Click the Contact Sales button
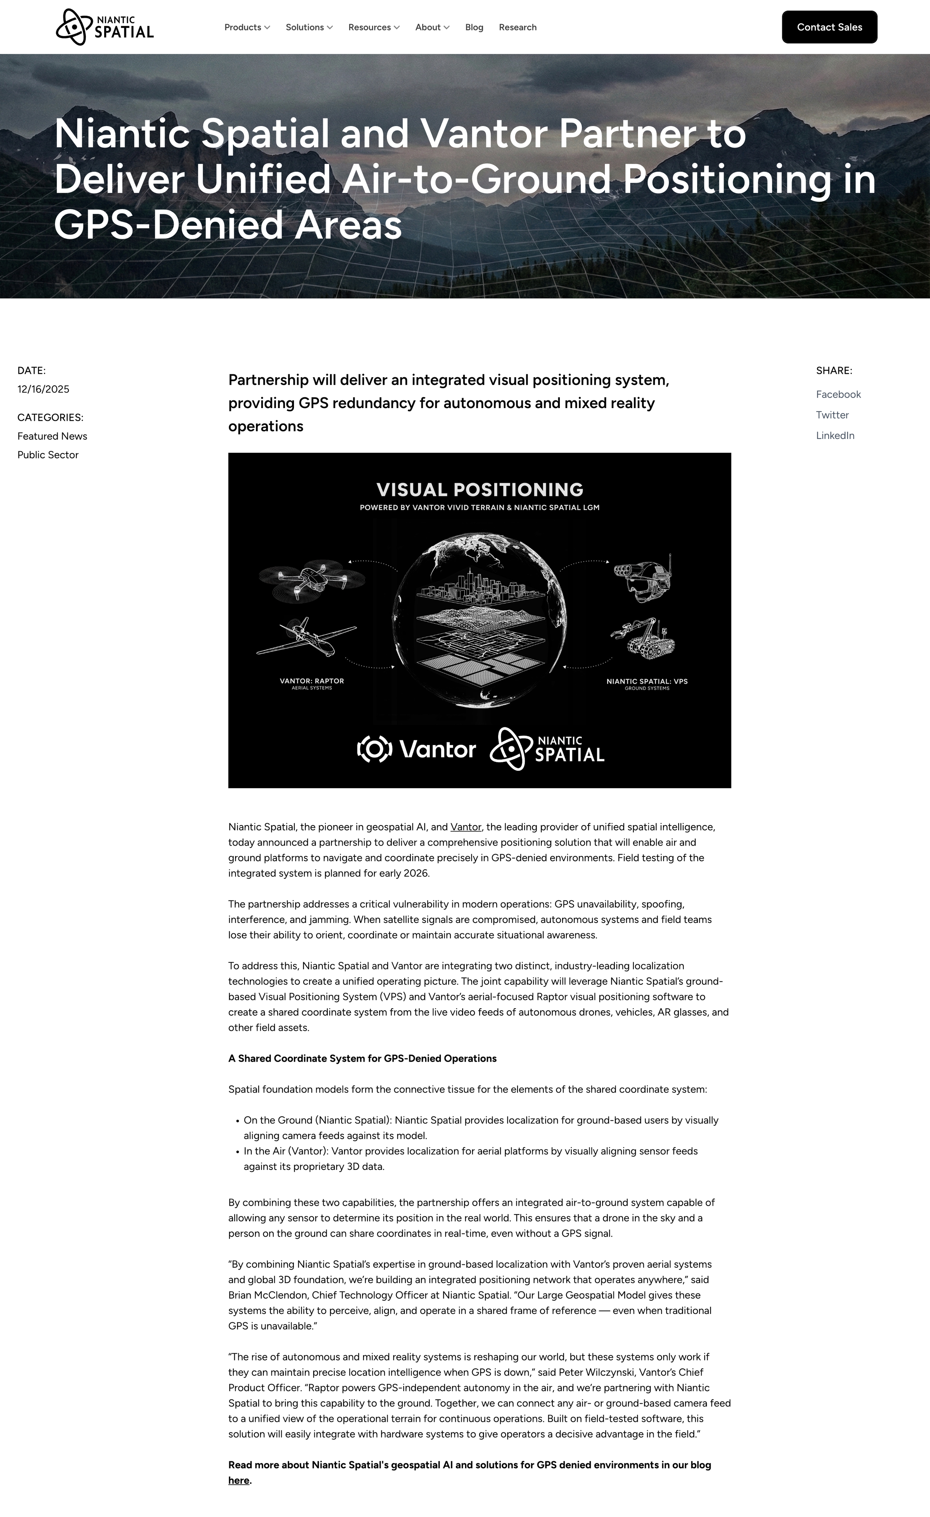click(829, 27)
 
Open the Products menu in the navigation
click(247, 27)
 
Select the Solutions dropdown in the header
click(309, 27)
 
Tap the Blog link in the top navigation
click(474, 27)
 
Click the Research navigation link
click(517, 27)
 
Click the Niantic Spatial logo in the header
click(105, 27)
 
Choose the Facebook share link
click(838, 394)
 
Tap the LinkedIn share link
click(835, 435)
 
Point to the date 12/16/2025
click(43, 389)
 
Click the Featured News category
click(52, 436)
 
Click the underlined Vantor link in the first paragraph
click(465, 827)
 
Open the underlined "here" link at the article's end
click(238, 1480)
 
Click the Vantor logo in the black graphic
click(417, 749)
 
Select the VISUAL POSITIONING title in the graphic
click(480, 490)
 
